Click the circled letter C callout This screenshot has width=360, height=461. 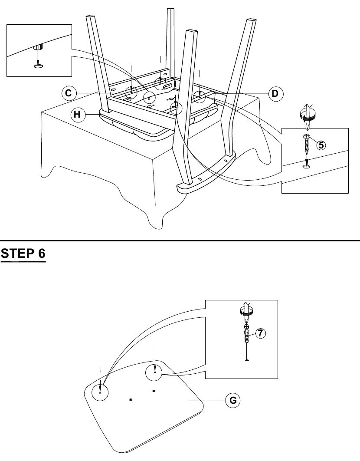pos(69,93)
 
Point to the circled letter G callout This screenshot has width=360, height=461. pos(233,400)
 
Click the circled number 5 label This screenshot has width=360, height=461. pos(321,145)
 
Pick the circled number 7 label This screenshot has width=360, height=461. pos(260,333)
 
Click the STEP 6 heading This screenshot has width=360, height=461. pos(23,253)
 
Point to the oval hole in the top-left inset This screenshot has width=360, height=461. pos(38,66)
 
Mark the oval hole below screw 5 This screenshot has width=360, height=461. pos(307,167)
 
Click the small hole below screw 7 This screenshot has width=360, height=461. pos(247,359)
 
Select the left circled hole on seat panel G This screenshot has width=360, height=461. pos(100,392)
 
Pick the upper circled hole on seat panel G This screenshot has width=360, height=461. pos(154,372)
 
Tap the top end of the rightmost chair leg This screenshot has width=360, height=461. pos(250,20)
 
